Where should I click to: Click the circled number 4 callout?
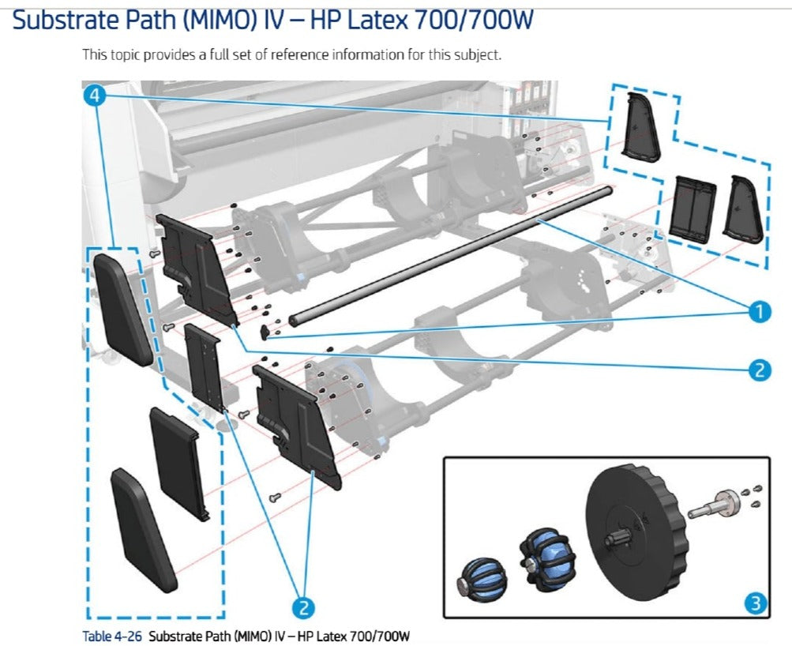(95, 96)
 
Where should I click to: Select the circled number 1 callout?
(759, 312)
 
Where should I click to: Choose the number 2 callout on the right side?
(759, 369)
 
